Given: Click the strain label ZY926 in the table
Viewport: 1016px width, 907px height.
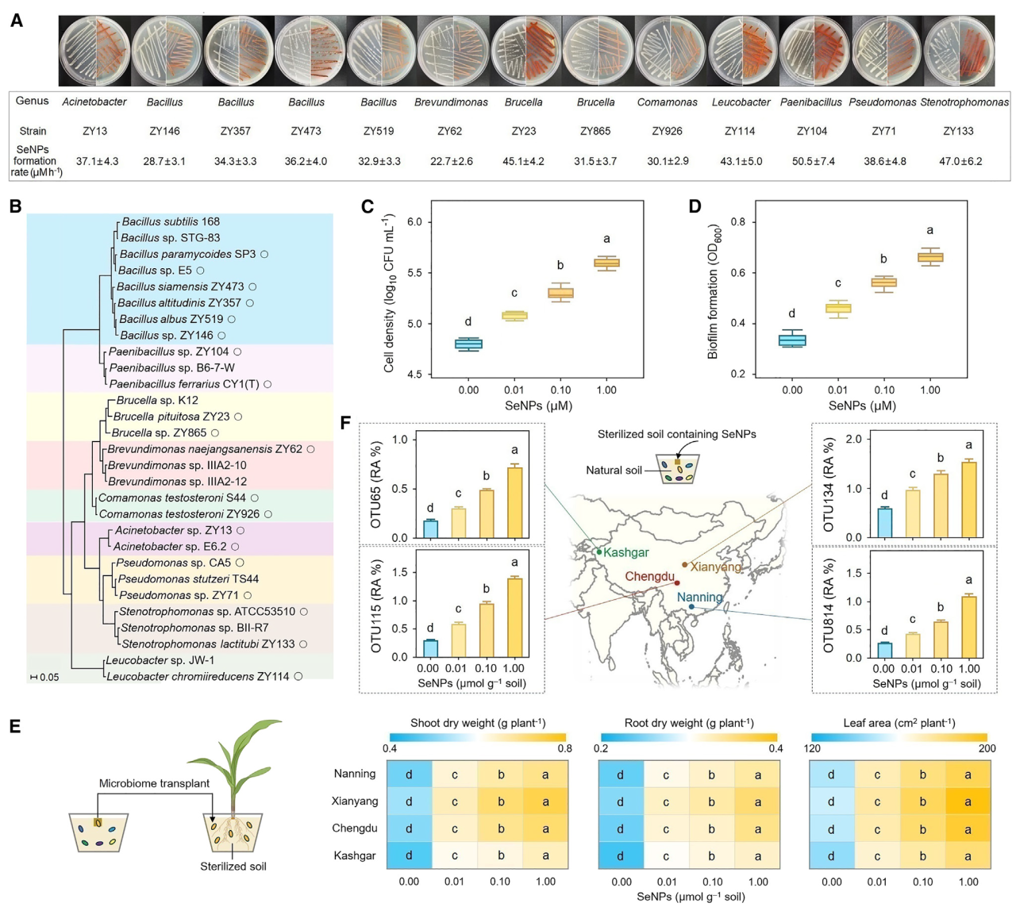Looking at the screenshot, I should click(x=667, y=131).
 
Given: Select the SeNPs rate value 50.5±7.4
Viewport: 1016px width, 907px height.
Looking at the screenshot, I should click(x=812, y=161).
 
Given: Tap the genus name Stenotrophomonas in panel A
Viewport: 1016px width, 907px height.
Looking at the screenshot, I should click(x=964, y=102).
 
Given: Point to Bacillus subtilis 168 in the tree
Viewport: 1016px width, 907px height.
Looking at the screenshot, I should click(x=171, y=221).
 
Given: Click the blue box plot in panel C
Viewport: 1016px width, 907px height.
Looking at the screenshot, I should click(x=468, y=344).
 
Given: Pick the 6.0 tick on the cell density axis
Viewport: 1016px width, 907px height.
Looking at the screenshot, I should click(x=414, y=222).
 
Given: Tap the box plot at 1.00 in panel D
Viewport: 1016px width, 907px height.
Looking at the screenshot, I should click(x=930, y=256).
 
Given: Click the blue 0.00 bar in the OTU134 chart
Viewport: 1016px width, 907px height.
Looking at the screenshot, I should click(x=883, y=522).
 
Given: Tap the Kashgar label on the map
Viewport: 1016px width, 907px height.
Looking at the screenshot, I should click(x=625, y=552).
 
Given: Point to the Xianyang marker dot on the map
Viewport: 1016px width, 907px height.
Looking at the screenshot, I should click(x=684, y=565).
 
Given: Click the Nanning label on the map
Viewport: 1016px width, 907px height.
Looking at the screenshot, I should click(x=699, y=598).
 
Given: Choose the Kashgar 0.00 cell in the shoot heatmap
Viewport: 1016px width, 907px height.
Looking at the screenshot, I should click(x=410, y=856).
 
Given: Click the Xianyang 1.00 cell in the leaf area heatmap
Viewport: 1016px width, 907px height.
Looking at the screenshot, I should click(x=968, y=801).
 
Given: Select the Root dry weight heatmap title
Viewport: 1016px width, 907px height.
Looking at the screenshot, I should click(x=689, y=723).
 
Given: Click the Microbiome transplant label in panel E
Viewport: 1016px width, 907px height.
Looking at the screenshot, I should click(x=154, y=783).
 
